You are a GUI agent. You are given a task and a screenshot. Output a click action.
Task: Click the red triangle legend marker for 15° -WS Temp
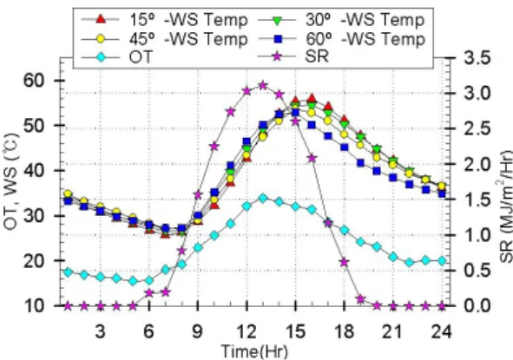101,20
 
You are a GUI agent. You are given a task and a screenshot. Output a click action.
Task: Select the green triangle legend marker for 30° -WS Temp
277,20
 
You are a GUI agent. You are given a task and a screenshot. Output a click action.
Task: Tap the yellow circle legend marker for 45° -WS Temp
101,39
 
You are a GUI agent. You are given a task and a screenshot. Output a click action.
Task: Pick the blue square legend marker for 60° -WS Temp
278,39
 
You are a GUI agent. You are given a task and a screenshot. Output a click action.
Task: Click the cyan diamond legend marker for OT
101,58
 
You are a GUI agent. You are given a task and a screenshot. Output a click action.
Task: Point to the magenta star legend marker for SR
277,57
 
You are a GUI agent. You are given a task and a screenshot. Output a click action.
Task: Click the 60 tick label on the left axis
33,81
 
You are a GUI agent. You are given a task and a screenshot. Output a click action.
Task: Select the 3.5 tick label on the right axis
477,58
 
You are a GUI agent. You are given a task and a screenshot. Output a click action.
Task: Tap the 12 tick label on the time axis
246,331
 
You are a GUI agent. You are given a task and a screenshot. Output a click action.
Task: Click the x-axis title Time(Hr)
255,351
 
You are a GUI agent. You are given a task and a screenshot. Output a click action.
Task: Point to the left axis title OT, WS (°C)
11,181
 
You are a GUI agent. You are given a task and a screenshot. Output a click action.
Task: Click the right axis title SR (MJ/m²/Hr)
506,206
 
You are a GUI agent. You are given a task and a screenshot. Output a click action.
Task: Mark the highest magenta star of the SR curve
263,86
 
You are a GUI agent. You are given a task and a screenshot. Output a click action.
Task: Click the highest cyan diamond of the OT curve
263,198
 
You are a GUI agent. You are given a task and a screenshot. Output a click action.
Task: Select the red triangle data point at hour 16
312,98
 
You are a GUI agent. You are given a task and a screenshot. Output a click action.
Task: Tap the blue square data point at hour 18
345,147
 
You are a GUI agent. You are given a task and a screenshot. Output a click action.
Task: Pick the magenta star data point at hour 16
312,158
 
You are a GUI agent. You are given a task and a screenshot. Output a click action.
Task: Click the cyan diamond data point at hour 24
442,260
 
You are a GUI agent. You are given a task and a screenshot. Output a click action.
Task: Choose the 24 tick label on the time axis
442,331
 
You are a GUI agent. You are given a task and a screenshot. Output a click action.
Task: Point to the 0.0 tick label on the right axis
477,306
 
